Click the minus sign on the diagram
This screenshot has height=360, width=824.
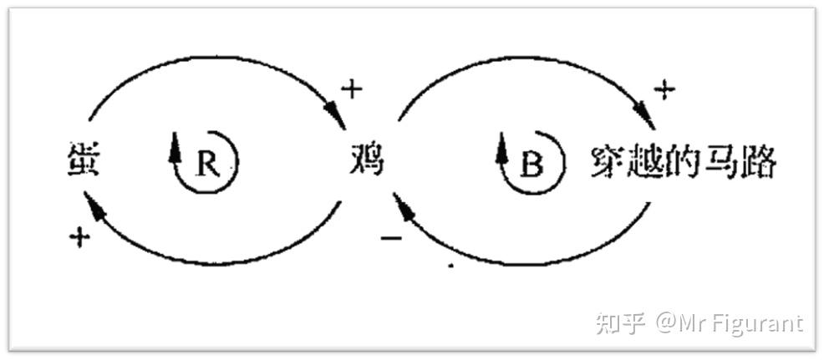coord(391,239)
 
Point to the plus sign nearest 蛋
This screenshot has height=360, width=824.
coord(79,239)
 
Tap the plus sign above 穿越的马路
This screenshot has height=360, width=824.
coord(664,90)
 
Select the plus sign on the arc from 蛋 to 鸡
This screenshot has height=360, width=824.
coord(351,90)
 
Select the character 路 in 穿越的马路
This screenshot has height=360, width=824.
coord(760,163)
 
